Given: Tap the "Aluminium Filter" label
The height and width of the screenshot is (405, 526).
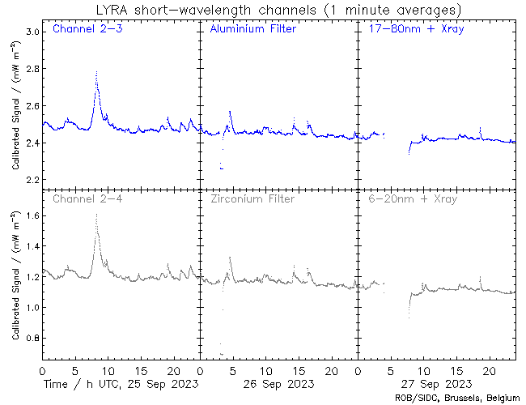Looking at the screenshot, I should pyautogui.click(x=252, y=30).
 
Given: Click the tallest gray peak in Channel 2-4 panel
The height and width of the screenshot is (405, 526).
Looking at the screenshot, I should pyautogui.click(x=96, y=215).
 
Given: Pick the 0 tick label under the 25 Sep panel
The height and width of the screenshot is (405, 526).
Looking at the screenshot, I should pyautogui.click(x=42, y=370).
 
